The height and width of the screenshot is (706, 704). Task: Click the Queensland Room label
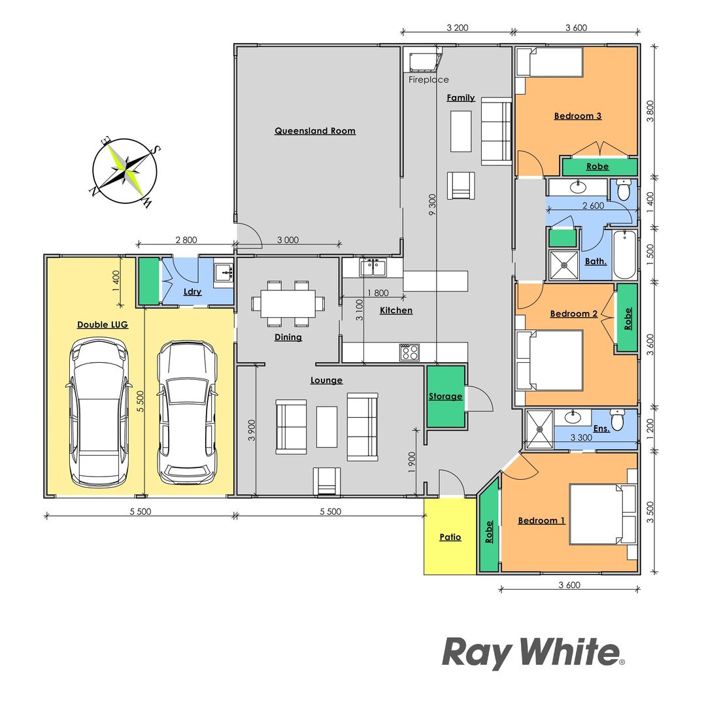coord(315,131)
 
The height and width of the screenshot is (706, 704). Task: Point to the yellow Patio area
coord(450,537)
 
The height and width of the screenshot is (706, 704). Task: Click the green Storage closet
coord(446,396)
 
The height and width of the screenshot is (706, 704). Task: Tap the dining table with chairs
coord(288,303)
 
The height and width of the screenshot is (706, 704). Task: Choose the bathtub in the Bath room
coord(624,254)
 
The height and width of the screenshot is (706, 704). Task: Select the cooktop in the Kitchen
coord(409,352)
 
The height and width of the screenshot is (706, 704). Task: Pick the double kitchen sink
coord(372,267)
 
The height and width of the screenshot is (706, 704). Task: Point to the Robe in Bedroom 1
coord(489,530)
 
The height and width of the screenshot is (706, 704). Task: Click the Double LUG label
coord(103,324)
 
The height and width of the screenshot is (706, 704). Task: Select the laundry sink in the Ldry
coord(224,271)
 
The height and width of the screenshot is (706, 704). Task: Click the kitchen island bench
coord(435,281)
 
